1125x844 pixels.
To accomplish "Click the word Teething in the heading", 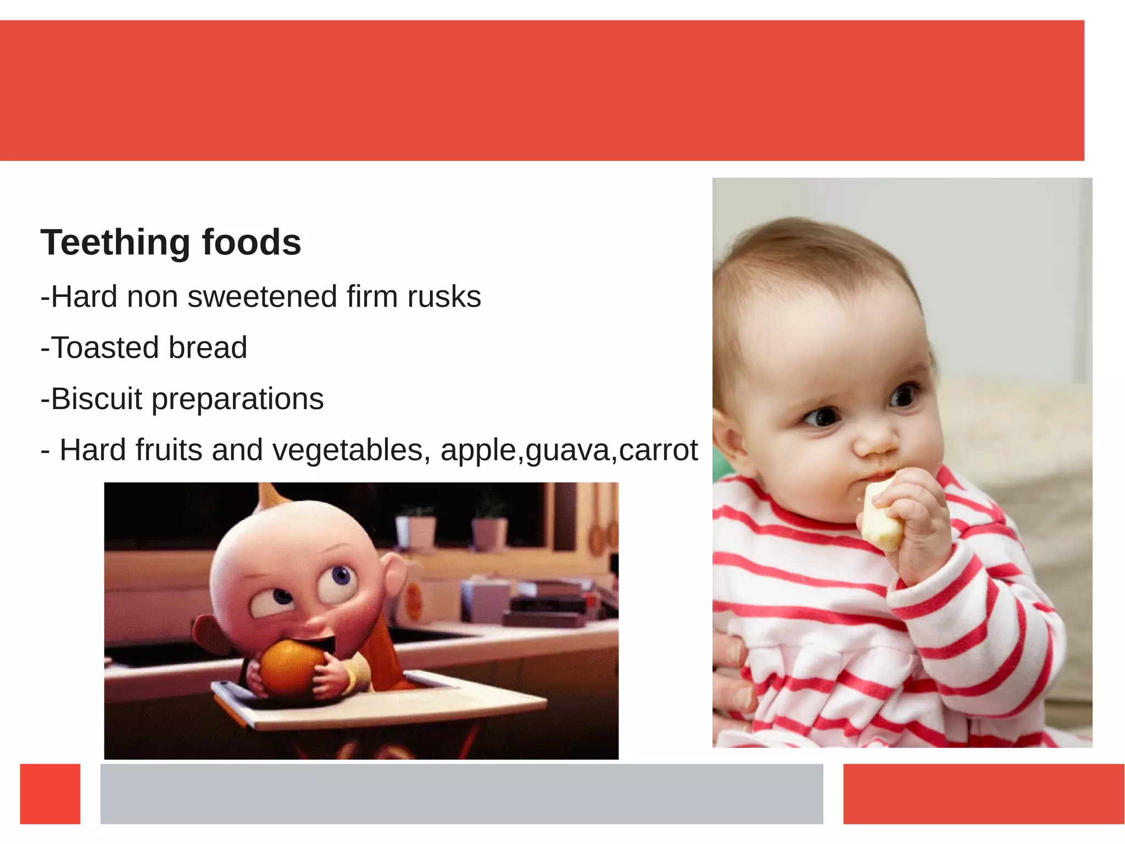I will coord(116,242).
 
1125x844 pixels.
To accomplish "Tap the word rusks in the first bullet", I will coord(444,297).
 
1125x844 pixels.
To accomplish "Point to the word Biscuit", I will coord(96,399).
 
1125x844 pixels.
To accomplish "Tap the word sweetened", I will coord(262,297).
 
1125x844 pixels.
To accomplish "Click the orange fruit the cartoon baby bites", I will coord(288,665).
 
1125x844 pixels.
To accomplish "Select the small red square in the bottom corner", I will coord(50,793).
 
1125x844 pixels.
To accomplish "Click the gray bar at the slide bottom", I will coord(461,793).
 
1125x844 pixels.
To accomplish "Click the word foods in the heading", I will coord(251,242).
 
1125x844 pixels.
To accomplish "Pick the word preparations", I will coord(237,400).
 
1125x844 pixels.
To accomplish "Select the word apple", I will coord(477,451).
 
